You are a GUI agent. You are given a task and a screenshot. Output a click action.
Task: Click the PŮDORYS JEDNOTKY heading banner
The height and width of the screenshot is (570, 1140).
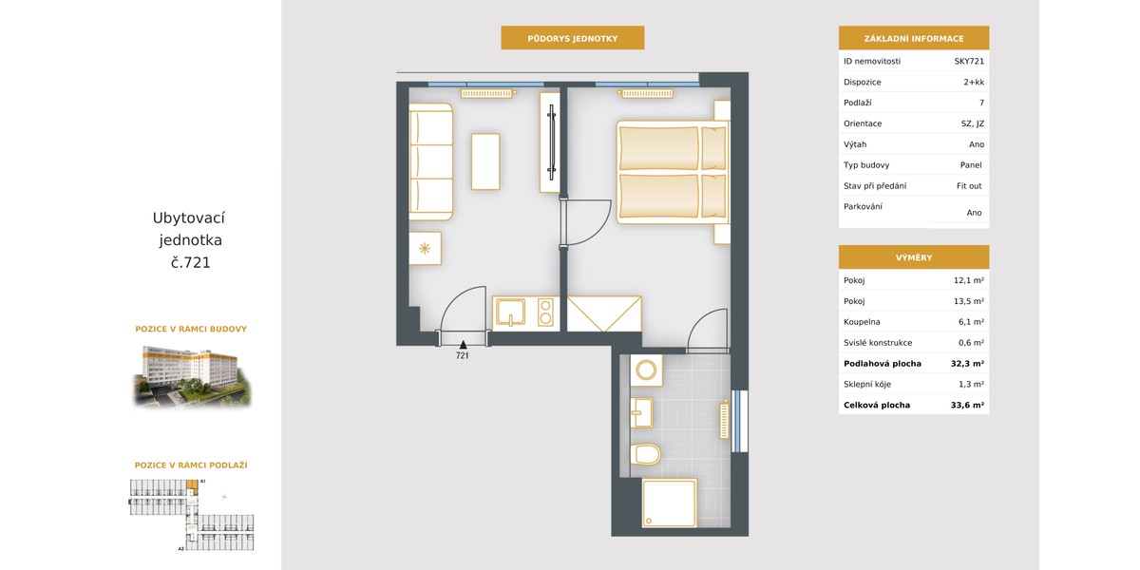(573, 38)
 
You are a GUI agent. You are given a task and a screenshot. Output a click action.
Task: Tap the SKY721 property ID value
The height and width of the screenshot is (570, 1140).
(969, 61)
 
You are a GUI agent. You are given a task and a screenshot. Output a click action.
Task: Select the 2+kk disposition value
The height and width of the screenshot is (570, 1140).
(974, 82)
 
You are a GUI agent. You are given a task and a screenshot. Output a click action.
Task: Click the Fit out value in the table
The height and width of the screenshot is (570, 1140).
(969, 186)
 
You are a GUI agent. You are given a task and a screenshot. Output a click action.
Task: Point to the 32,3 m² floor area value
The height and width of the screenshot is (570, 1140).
(967, 363)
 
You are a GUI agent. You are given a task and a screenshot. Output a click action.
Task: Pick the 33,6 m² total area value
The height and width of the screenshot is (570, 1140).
(967, 405)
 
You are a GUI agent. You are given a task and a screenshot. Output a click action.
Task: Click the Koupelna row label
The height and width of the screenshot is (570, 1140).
(862, 322)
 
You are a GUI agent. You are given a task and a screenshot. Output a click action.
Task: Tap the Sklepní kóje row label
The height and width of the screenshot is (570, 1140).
(867, 384)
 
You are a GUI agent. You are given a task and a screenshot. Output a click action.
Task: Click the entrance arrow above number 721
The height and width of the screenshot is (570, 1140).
(464, 345)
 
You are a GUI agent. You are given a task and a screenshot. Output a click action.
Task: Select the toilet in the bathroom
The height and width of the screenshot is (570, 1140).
(645, 454)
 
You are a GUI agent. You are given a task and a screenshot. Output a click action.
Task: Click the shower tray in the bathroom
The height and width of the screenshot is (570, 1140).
(669, 503)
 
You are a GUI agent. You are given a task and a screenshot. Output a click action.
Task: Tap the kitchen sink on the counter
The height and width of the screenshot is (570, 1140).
(510, 312)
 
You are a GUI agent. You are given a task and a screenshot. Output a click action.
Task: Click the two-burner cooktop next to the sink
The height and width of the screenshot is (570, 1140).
(545, 312)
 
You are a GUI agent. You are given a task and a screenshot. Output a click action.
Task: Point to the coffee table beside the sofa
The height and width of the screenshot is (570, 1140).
(485, 161)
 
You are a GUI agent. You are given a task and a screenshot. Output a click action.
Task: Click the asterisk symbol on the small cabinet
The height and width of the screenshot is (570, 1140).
(425, 248)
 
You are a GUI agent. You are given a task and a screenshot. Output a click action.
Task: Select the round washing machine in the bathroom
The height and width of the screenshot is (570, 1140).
(646, 370)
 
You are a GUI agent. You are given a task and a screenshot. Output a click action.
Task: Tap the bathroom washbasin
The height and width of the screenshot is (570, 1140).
(642, 412)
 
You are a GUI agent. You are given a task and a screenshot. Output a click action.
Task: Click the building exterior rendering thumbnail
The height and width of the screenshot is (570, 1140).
(192, 375)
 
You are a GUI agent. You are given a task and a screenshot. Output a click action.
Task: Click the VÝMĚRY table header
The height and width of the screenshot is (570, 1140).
(914, 257)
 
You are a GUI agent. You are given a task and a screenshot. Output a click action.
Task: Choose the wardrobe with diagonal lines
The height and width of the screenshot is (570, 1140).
(604, 313)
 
